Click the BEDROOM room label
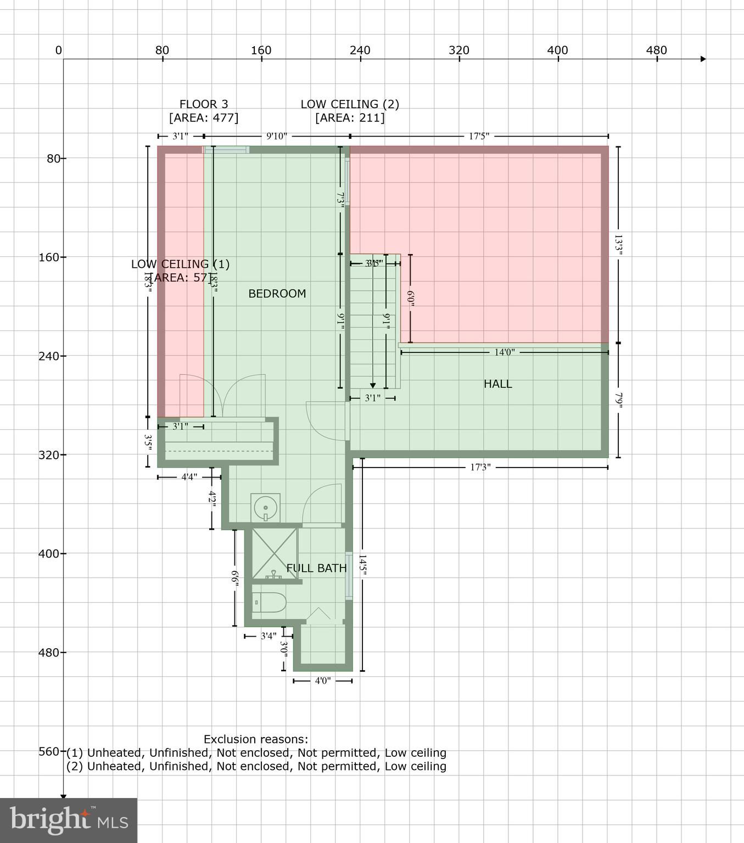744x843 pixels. (x=277, y=294)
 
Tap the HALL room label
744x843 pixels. (x=497, y=384)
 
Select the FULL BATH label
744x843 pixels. (x=316, y=568)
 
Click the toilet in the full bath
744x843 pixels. (x=268, y=603)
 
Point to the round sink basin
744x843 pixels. (x=266, y=507)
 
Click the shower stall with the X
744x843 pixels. (x=274, y=553)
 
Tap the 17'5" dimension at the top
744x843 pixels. (x=479, y=136)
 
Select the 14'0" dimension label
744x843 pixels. (x=504, y=352)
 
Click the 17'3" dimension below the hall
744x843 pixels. (x=480, y=468)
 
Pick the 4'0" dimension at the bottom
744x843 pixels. (x=323, y=681)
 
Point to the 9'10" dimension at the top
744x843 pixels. (x=277, y=136)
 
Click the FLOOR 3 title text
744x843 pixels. (x=204, y=104)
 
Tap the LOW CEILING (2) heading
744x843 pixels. (x=350, y=104)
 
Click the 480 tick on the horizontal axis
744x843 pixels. (x=656, y=50)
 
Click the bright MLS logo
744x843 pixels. (x=69, y=820)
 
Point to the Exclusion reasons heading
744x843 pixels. (x=256, y=739)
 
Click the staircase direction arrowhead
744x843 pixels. (x=373, y=385)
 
